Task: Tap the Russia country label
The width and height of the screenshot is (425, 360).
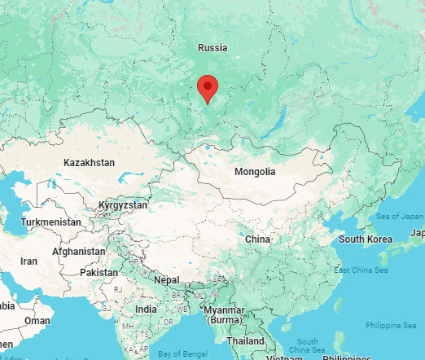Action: tap(212, 48)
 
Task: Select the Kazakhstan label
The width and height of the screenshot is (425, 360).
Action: tap(89, 163)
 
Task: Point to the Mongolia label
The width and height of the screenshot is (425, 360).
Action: tap(255, 172)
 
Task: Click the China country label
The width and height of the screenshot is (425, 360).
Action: tap(257, 239)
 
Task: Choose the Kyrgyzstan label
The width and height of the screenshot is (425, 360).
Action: tap(122, 205)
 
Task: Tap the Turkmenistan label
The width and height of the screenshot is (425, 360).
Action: tap(50, 222)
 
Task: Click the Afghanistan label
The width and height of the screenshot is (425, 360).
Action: tap(78, 252)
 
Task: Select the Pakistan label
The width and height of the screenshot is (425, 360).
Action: tap(99, 272)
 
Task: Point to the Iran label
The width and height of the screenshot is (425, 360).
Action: tap(29, 261)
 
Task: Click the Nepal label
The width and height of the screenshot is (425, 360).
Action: tap(167, 280)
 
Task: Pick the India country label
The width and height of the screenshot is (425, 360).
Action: tap(146, 310)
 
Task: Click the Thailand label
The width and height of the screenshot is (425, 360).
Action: tap(245, 340)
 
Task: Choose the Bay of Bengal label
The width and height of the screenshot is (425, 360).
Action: tap(181, 354)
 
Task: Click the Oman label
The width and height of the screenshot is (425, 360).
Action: tap(37, 320)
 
